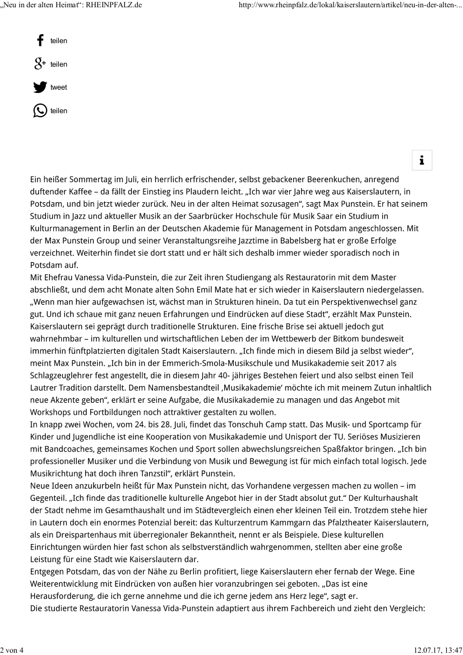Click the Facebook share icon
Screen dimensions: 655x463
tap(40, 41)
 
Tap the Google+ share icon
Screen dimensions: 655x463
tap(40, 64)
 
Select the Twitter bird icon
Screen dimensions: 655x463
tap(40, 87)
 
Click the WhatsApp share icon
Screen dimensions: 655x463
tap(40, 110)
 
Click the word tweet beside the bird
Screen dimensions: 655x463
tap(58, 87)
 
